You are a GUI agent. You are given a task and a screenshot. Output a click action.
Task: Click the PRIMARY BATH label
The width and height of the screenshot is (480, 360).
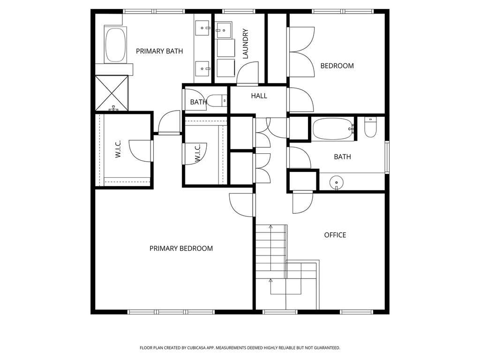159,51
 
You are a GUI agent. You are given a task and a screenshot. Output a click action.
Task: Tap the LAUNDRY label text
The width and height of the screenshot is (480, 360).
245,44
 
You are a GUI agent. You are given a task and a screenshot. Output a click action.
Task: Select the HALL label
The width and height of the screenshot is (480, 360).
259,96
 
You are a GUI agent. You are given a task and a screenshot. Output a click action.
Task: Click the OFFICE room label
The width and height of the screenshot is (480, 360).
335,235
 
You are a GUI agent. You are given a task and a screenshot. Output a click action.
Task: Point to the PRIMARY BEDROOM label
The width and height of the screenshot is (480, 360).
181,248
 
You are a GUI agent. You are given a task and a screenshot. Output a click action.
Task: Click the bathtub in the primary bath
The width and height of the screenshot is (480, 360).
115,45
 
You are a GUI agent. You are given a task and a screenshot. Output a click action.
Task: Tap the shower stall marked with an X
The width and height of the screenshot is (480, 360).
112,93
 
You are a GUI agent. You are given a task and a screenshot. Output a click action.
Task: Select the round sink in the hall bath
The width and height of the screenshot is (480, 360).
337,183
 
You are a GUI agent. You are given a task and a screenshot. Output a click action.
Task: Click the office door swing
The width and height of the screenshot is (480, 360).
303,202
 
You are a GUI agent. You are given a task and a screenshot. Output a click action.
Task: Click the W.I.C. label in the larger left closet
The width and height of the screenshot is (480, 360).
118,149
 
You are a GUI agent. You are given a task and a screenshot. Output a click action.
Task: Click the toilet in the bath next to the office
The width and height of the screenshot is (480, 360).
370,127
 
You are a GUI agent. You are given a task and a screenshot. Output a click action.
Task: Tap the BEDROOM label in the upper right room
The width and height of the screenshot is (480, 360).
337,66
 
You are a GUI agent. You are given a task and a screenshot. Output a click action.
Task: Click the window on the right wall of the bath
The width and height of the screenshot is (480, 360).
387,157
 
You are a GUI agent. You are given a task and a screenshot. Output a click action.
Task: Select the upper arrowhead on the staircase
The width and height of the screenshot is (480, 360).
270,227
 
